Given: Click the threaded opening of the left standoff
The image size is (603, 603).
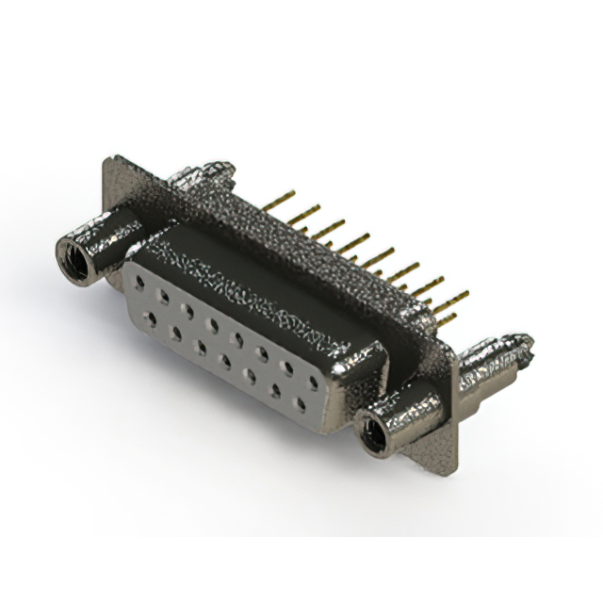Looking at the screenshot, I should click(72, 256).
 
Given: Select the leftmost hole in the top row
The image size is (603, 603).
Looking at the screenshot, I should click(140, 281).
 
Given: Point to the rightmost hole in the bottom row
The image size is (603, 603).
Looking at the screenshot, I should click(301, 404).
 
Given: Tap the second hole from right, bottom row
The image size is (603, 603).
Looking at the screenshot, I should click(276, 390).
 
